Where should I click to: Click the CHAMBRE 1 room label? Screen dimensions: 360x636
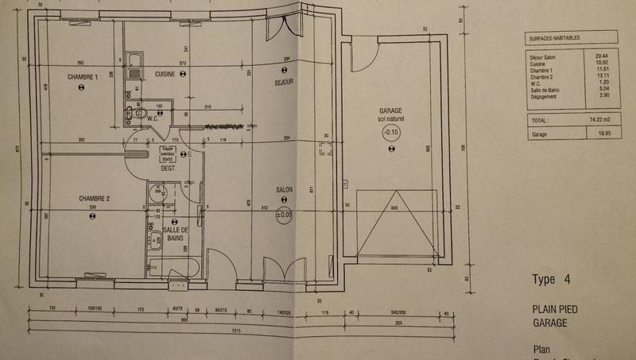click(83, 77)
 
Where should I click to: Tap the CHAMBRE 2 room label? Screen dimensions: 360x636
click(94, 197)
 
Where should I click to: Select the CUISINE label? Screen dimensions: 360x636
click(165, 72)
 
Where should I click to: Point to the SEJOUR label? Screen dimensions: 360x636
click(285, 82)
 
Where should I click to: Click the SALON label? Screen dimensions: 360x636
click(285, 189)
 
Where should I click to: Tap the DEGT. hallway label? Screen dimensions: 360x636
click(168, 168)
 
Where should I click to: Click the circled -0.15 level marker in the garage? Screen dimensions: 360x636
click(390, 132)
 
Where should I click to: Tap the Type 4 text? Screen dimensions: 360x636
click(550, 279)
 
